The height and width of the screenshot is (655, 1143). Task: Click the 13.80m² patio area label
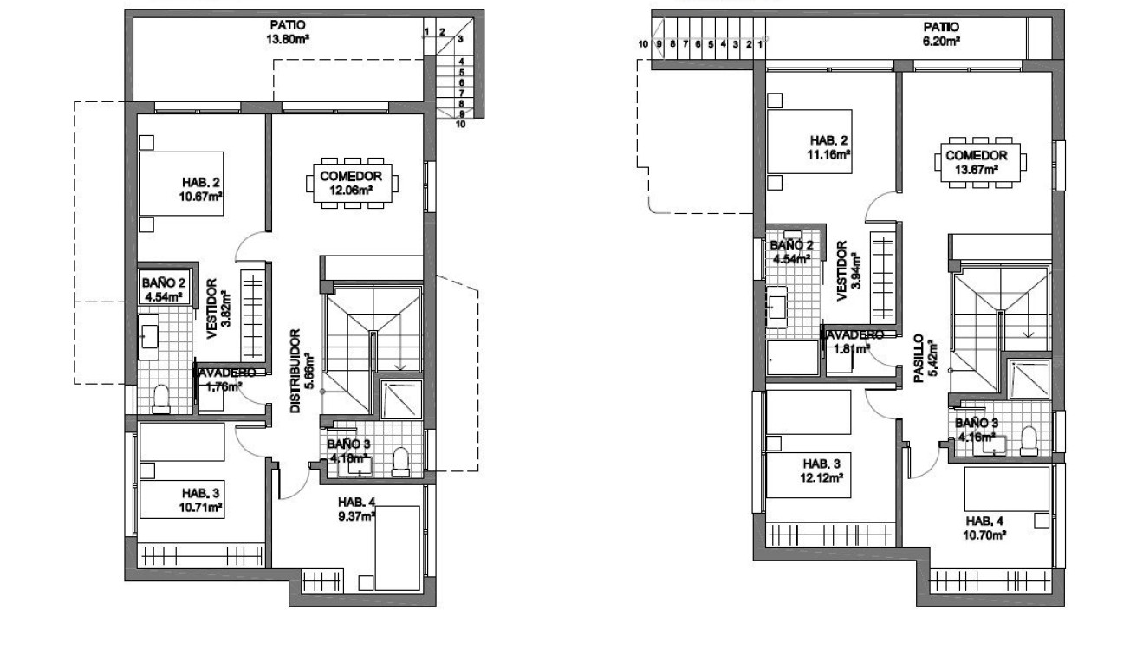[x=286, y=32]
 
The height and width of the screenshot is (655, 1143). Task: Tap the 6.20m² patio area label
[x=941, y=34]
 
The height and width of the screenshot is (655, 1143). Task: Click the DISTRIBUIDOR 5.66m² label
[x=299, y=370]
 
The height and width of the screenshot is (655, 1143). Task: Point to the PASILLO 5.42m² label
[x=921, y=359]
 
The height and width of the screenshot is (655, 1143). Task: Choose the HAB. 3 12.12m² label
[x=822, y=469]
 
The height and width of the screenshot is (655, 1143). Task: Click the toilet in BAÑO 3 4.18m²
[x=401, y=462]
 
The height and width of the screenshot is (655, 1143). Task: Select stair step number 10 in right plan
[x=643, y=43]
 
